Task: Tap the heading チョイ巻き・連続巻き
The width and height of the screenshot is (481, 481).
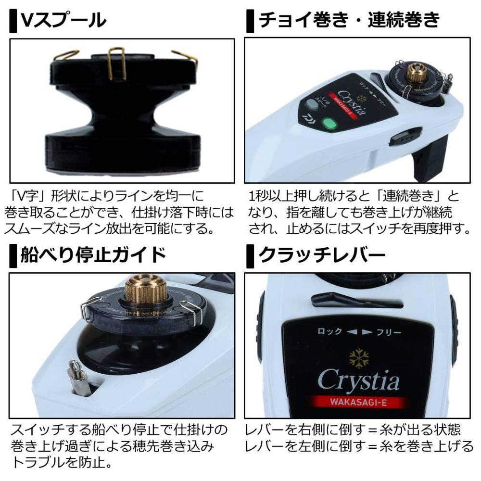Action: (349, 20)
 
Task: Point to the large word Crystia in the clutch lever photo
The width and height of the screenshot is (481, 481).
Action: (358, 381)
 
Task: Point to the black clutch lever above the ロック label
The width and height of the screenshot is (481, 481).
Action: (356, 301)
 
